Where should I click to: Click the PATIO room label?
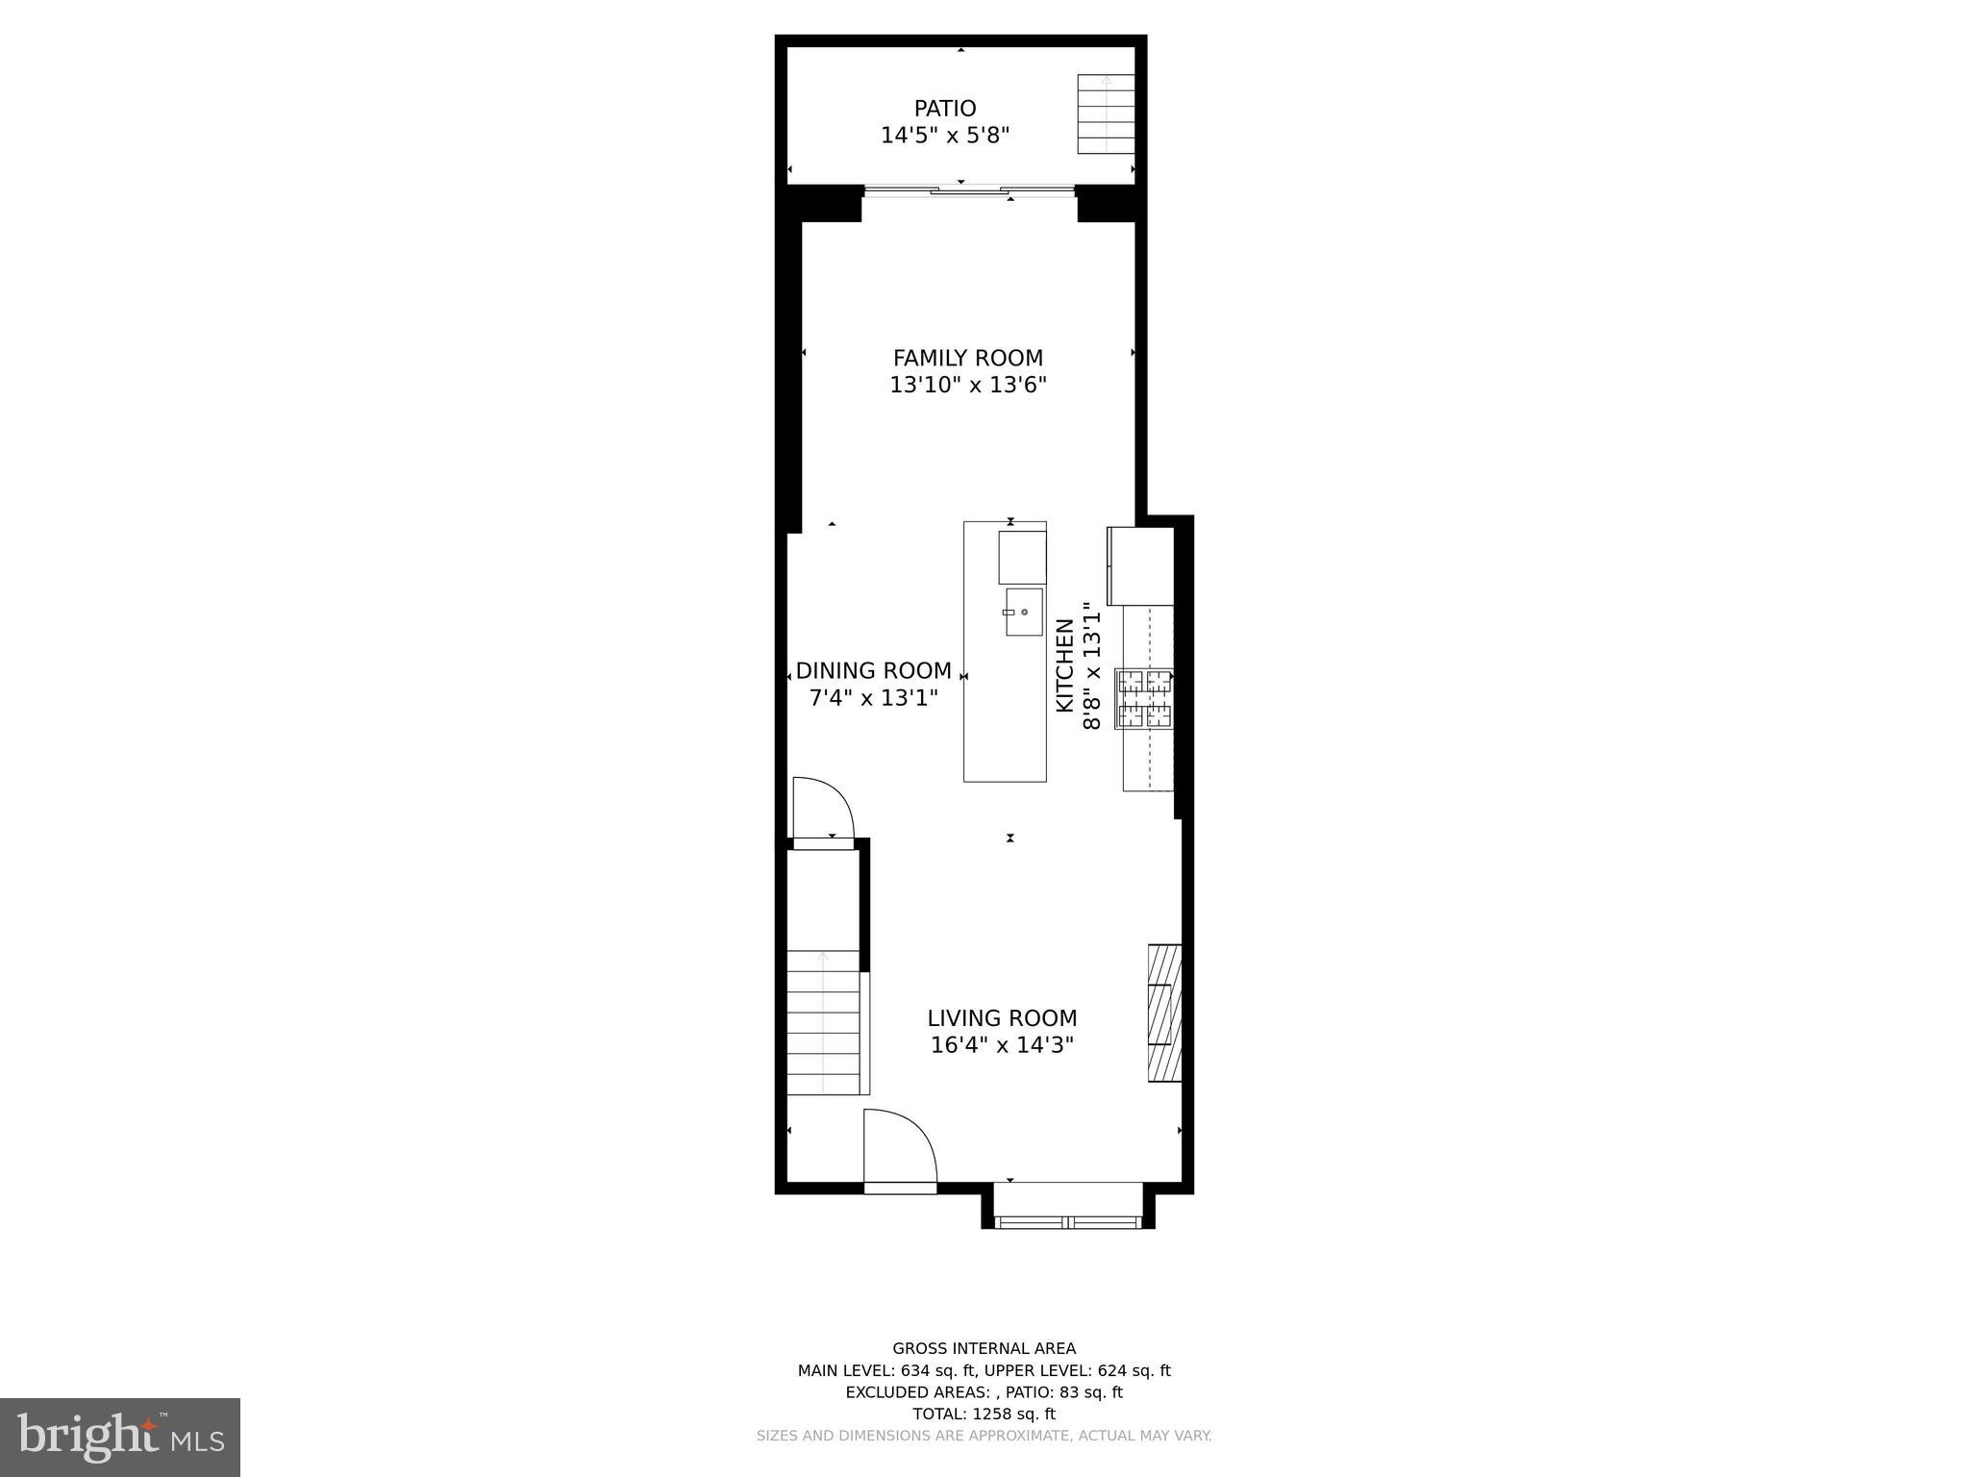945,109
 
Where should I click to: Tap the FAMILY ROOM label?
967,359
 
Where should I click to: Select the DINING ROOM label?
873,671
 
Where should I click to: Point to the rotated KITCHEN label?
1065,665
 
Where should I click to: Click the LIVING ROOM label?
1002,1018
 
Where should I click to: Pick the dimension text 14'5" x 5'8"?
945,136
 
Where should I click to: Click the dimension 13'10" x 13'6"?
967,386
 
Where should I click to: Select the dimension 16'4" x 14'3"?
1002,1045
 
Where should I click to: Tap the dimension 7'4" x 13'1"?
873,698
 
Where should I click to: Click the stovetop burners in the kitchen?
1144,698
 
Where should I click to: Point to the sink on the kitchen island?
1024,612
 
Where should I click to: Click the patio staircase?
1106,113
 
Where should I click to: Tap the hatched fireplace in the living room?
1164,1013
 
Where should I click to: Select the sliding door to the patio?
969,191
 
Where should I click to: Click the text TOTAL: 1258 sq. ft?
984,1414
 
